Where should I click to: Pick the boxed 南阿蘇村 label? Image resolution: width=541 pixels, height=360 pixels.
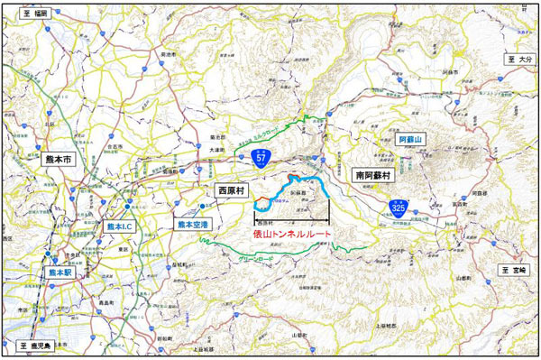371,174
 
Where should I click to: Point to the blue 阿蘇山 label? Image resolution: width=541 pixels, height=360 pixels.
411,141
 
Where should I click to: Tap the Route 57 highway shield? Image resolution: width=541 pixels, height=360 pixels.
261,158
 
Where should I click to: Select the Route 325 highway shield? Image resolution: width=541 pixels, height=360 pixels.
398,208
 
